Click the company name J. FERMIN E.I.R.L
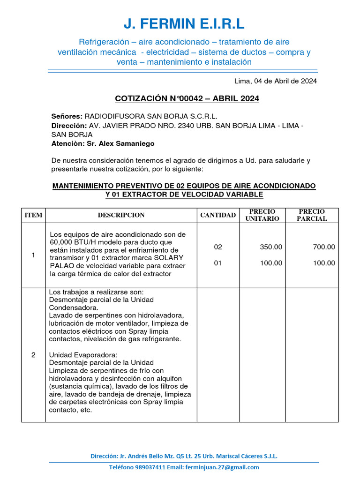tap(184, 23)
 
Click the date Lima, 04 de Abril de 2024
tap(276, 81)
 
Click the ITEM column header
tap(33, 215)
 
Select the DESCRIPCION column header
tap(121, 215)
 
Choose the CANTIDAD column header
tap(218, 215)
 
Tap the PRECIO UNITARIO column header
tap(262, 215)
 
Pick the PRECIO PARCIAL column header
tap(312, 215)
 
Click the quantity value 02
tap(218, 247)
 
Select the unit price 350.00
tap(271, 247)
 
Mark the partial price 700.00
tap(324, 247)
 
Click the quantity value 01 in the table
tap(218, 263)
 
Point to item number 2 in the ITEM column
tap(33, 355)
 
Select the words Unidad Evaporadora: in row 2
tap(77, 355)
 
